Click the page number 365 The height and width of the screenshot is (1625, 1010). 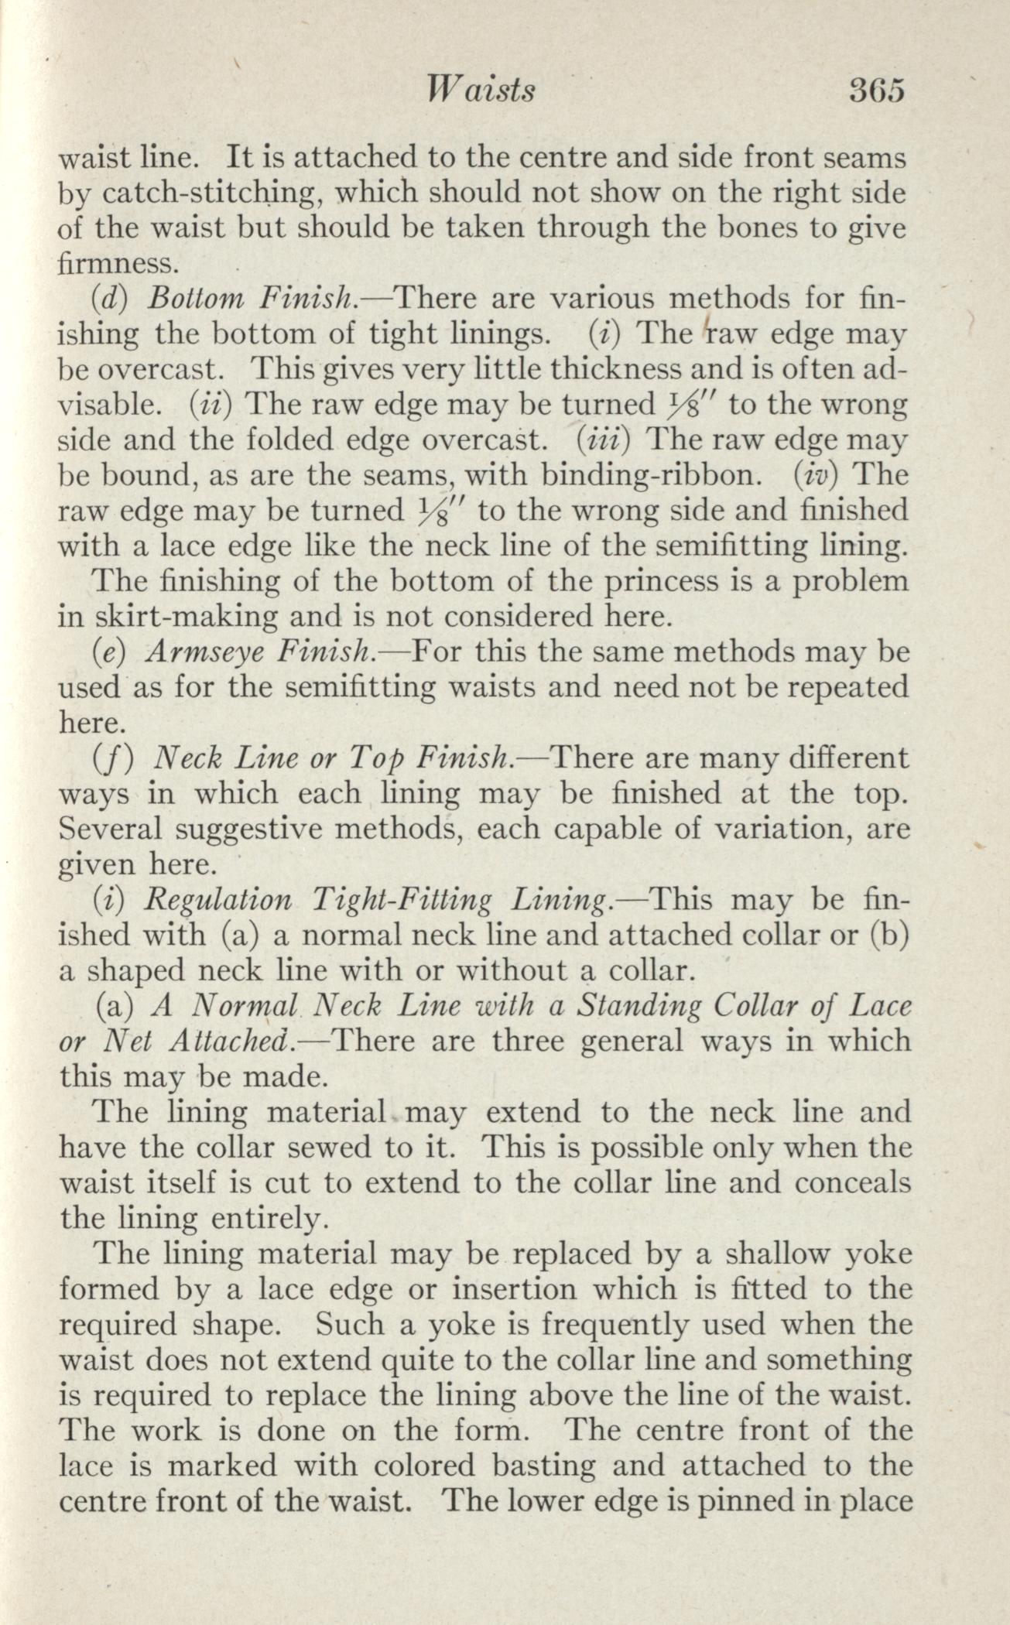(x=876, y=91)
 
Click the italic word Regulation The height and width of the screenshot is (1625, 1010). (x=219, y=900)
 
